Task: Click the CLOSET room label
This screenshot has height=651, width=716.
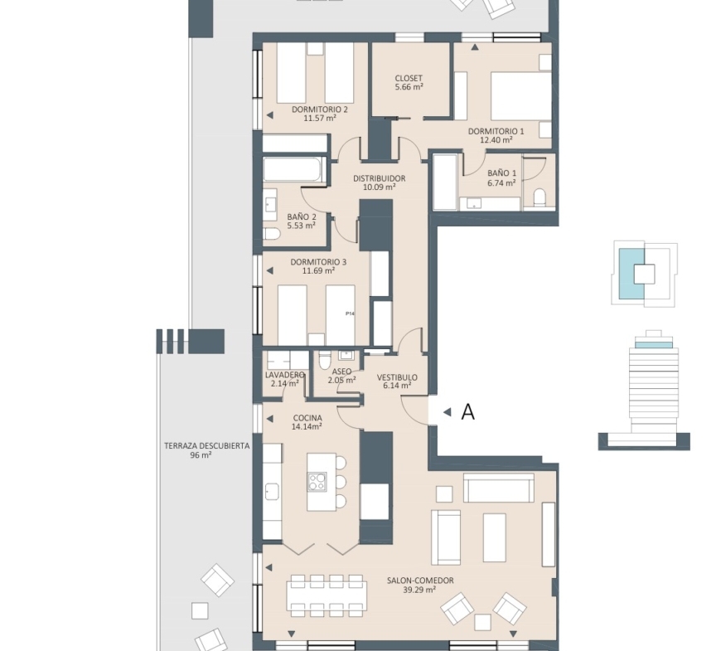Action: pyautogui.click(x=409, y=78)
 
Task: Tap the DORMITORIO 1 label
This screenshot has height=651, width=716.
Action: pyautogui.click(x=496, y=132)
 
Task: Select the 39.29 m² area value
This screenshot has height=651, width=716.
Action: pyautogui.click(x=419, y=590)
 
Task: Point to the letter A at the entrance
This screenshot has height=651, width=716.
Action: pyautogui.click(x=468, y=412)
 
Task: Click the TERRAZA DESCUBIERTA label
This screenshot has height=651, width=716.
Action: pyautogui.click(x=207, y=446)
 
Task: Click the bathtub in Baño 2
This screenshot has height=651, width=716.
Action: pyautogui.click(x=294, y=168)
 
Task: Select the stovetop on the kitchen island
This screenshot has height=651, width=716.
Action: pyautogui.click(x=317, y=482)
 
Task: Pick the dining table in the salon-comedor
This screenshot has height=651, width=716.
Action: pyautogui.click(x=326, y=595)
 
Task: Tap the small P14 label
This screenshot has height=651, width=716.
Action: pyautogui.click(x=350, y=313)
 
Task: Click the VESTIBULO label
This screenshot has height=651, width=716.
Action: pyautogui.click(x=397, y=378)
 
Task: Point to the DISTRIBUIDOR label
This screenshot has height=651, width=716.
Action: pyautogui.click(x=379, y=178)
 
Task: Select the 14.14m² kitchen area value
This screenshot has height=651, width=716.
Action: pyautogui.click(x=307, y=427)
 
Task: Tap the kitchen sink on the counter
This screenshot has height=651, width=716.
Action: pyautogui.click(x=272, y=492)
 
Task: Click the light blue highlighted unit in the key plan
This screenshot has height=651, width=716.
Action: pyautogui.click(x=631, y=273)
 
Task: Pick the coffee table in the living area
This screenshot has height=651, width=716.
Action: pyautogui.click(x=495, y=537)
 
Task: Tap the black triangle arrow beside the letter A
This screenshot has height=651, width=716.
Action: pyautogui.click(x=447, y=412)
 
